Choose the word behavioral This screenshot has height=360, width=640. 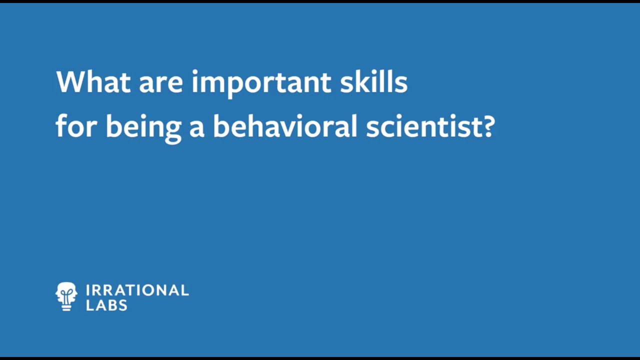coord(285,126)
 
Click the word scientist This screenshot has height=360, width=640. coord(420,126)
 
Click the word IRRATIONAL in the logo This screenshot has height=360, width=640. coord(137,290)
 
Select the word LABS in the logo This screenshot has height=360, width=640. coord(106,305)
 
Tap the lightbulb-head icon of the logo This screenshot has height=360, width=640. coord(66,296)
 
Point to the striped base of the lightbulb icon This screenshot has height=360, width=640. coord(66,306)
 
